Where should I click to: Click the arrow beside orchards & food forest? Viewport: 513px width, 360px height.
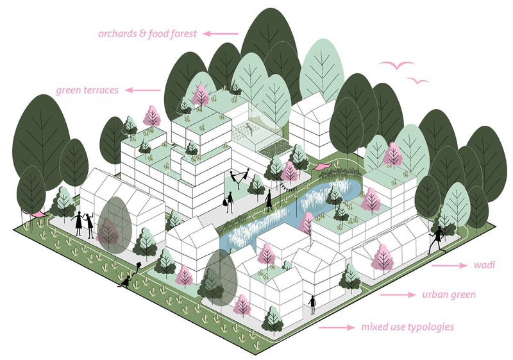click(x=221, y=33)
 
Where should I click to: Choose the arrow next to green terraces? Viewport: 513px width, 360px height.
click(x=143, y=90)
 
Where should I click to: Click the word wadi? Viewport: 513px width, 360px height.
click(x=484, y=264)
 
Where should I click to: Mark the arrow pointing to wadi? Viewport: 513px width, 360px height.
click(x=450, y=266)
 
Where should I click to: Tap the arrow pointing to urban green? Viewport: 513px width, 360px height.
click(x=398, y=295)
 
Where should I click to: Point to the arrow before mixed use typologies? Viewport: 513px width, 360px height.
click(x=337, y=327)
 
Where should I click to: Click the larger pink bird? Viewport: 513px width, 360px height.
click(x=397, y=65)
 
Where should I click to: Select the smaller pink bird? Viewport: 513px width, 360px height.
click(x=417, y=81)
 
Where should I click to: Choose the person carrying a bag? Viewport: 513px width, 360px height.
click(x=229, y=201)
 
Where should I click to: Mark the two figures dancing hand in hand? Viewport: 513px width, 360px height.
click(x=239, y=178)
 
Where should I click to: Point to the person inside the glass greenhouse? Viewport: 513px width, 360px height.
click(x=249, y=128)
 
